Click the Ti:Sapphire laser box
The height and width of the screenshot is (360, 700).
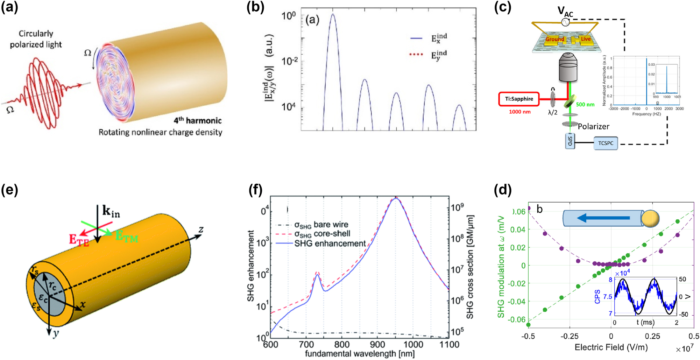(519, 99)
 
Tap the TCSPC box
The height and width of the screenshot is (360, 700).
(606, 143)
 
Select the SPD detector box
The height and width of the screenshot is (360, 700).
(570, 141)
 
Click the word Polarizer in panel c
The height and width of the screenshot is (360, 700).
(593, 126)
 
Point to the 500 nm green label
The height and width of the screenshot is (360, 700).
(585, 105)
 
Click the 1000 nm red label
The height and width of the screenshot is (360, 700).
(519, 112)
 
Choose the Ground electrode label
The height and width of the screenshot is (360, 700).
(554, 39)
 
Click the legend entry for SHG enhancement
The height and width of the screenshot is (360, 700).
(330, 243)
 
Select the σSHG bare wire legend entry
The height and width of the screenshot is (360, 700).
(321, 225)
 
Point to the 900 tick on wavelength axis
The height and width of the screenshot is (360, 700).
(377, 345)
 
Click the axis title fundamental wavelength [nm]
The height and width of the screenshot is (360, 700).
(360, 354)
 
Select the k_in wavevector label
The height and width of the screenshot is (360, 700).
(111, 211)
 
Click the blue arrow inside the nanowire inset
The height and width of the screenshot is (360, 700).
(603, 218)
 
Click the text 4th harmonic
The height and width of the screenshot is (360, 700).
(198, 121)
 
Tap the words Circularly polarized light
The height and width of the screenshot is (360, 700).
(36, 39)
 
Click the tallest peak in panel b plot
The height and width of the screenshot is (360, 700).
(333, 15)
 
